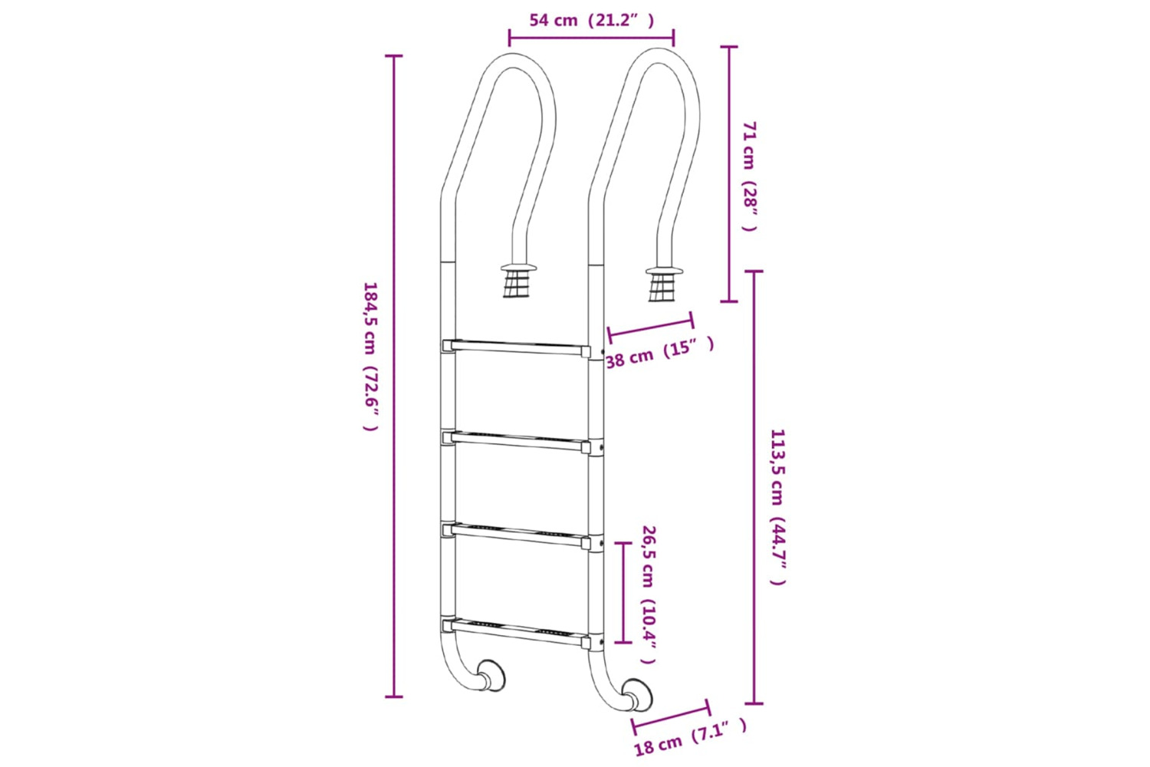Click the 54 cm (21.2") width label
(x=592, y=21)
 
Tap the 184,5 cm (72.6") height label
(x=370, y=356)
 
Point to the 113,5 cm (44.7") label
(x=778, y=507)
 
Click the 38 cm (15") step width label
(x=660, y=351)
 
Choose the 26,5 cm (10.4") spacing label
(x=649, y=594)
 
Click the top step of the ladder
(x=517, y=347)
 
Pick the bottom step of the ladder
(x=517, y=630)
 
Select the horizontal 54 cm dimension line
(x=592, y=36)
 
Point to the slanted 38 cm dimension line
(x=650, y=326)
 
